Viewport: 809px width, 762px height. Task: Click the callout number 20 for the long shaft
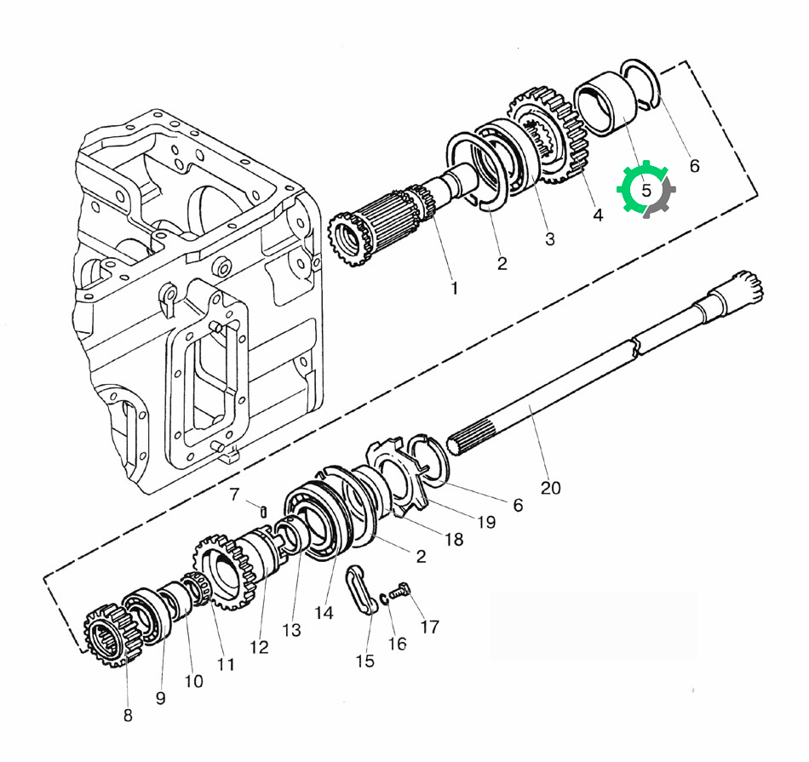550,488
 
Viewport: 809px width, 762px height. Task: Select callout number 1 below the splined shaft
454,289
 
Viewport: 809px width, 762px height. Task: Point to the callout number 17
430,627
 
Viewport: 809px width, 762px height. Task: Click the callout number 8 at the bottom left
128,715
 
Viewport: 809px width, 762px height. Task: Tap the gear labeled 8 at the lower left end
111,634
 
